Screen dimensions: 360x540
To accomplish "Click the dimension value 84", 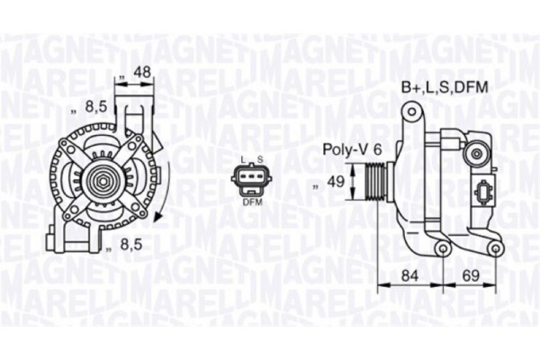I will (x=409, y=274).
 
